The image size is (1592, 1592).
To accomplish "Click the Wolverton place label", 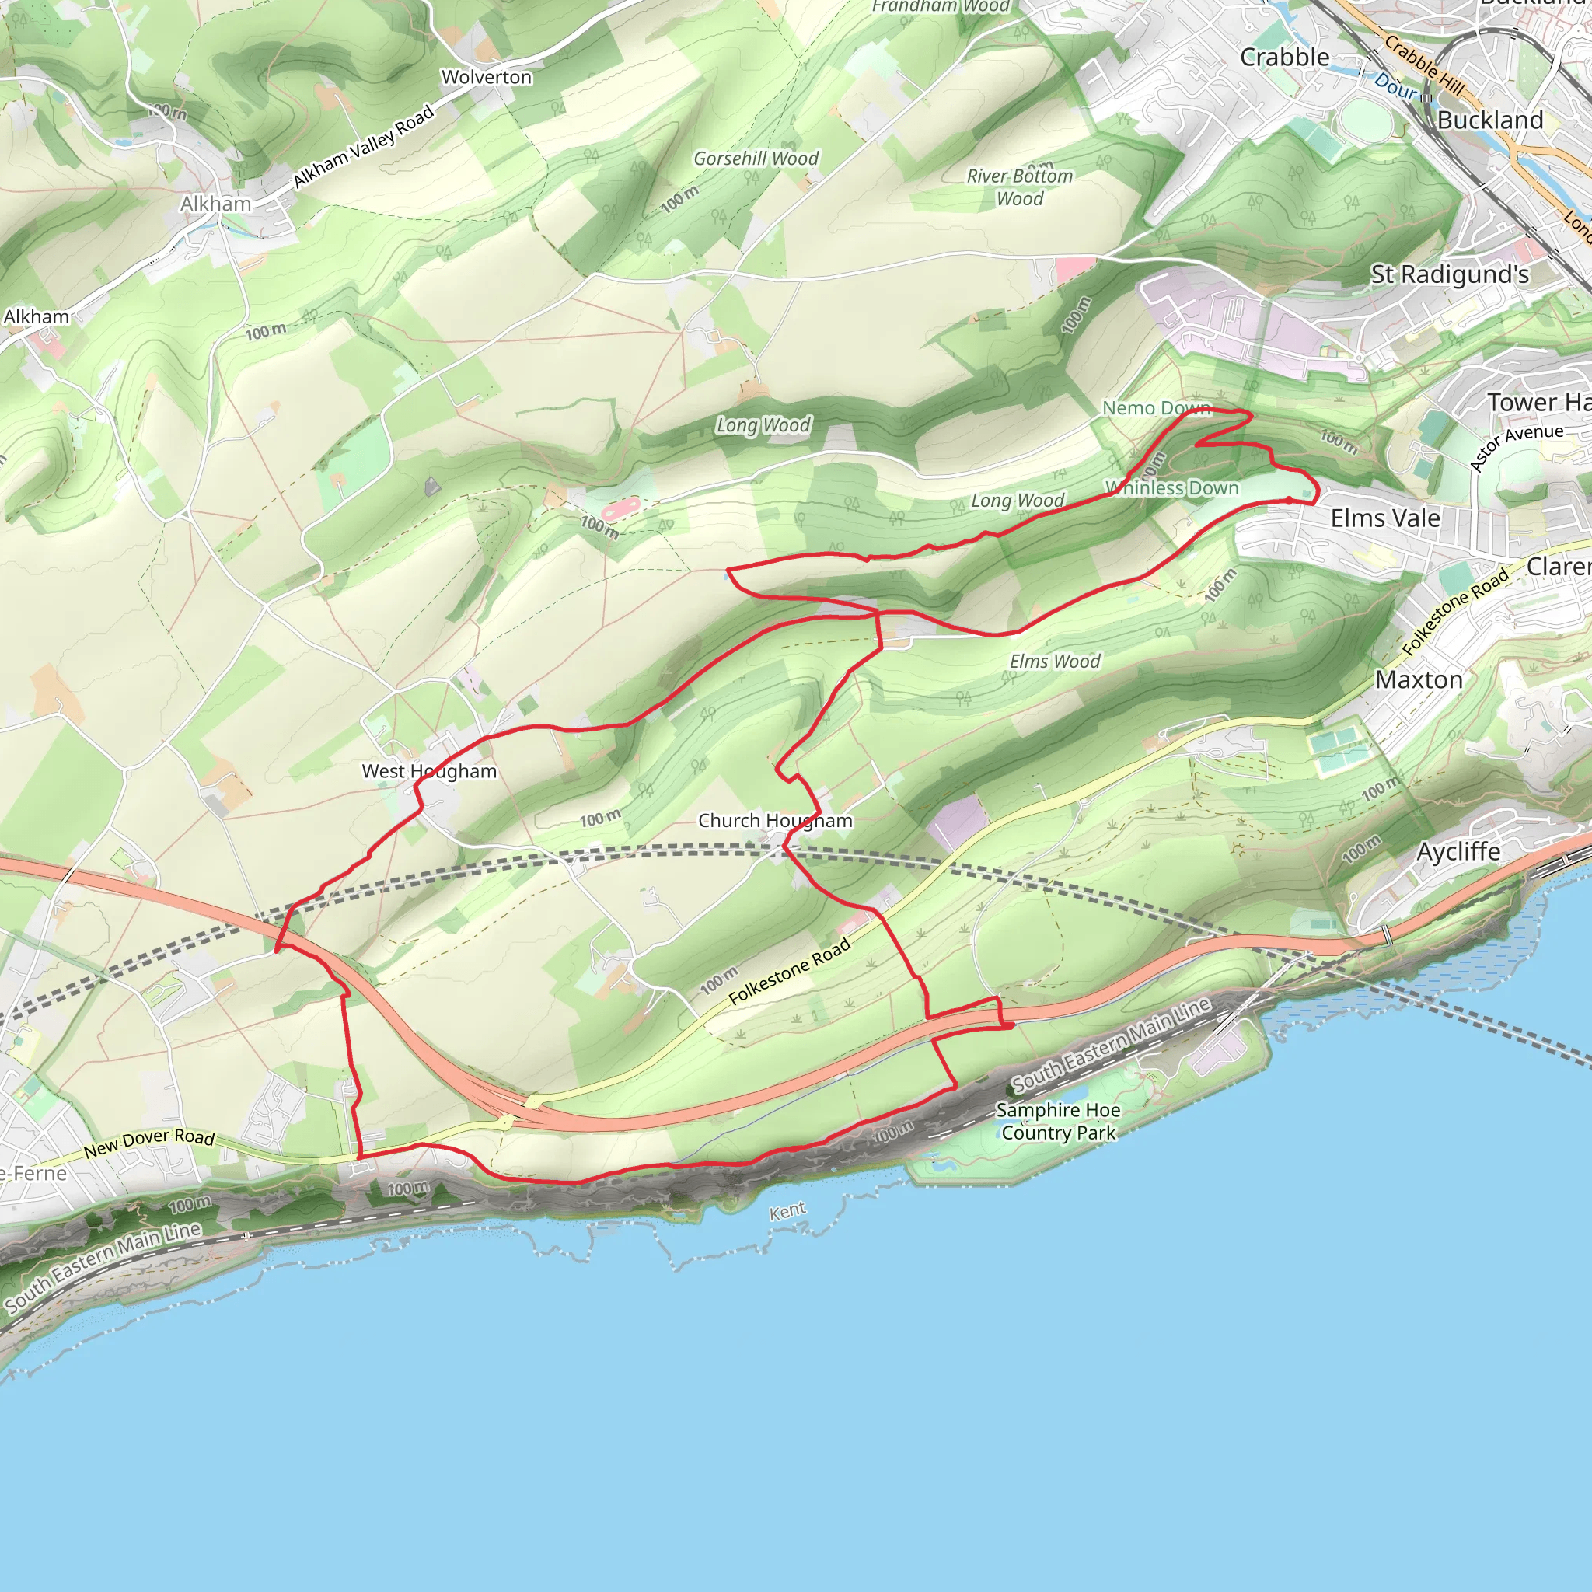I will pyautogui.click(x=486, y=78).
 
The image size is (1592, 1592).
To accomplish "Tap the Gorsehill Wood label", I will pyautogui.click(x=756, y=159).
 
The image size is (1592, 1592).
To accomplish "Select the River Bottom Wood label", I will pyautogui.click(x=1019, y=187).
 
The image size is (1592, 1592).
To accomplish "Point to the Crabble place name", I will pyautogui.click(x=1284, y=57).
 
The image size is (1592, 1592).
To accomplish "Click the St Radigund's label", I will pyautogui.click(x=1450, y=274).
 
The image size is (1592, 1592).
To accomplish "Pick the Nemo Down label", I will pyautogui.click(x=1155, y=408).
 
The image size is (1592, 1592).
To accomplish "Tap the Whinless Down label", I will pyautogui.click(x=1171, y=488).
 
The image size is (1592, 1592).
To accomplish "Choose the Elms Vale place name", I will pyautogui.click(x=1385, y=518).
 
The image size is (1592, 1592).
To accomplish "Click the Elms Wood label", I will pyautogui.click(x=1055, y=661).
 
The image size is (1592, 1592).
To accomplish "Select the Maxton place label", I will pyautogui.click(x=1419, y=680).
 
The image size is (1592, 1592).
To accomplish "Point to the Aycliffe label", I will pyautogui.click(x=1458, y=851).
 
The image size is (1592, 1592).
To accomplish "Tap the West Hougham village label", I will pyautogui.click(x=429, y=771).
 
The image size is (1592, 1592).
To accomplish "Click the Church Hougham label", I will pyautogui.click(x=774, y=821).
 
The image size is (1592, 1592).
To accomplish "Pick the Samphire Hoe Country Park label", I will pyautogui.click(x=1058, y=1122).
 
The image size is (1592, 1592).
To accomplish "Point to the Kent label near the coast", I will pyautogui.click(x=787, y=1211).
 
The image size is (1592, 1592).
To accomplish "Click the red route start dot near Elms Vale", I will pyautogui.click(x=1289, y=500).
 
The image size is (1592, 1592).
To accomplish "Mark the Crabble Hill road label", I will pyautogui.click(x=1425, y=65).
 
